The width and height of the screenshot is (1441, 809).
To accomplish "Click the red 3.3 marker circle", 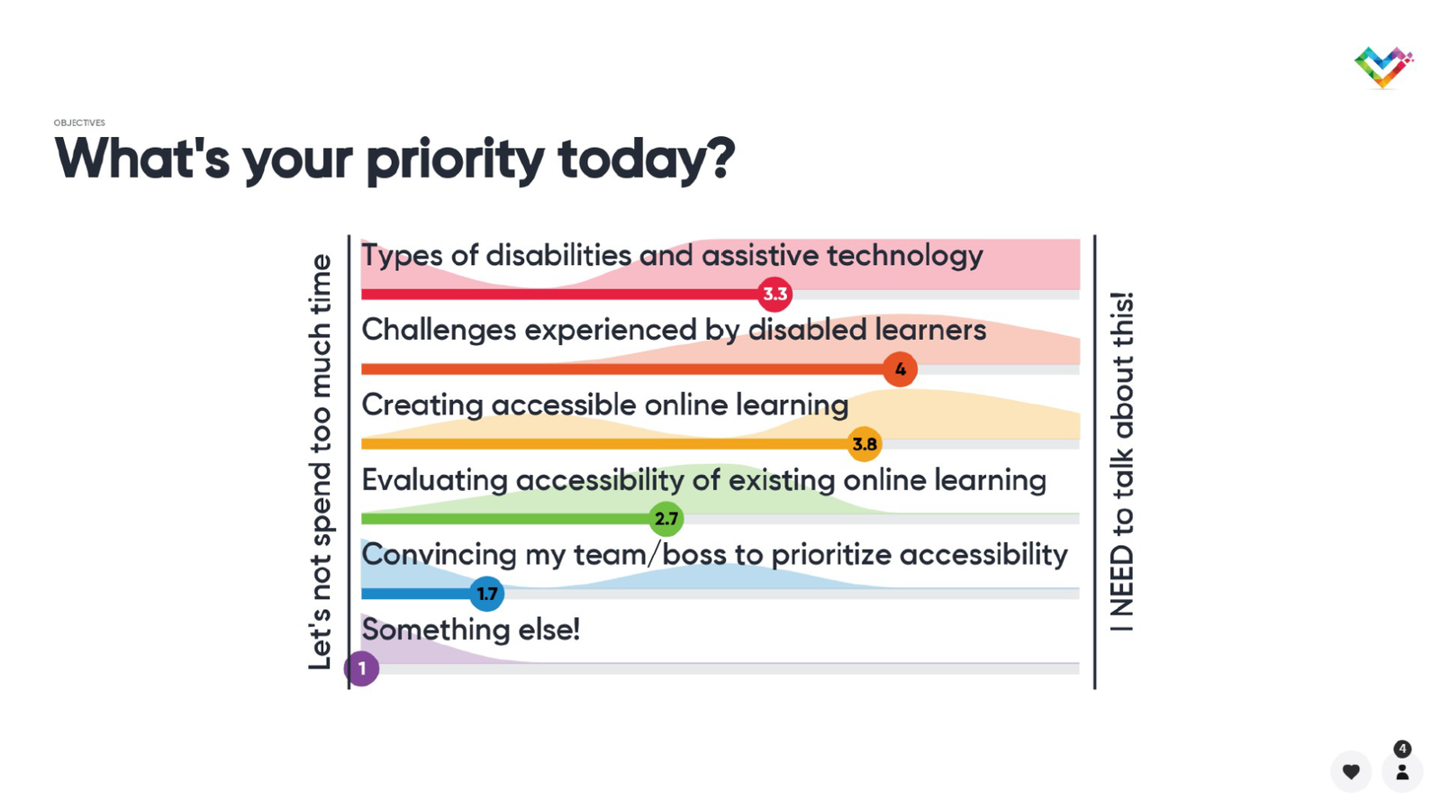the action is pos(775,294).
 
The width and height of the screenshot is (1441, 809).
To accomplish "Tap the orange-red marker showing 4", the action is pos(900,368).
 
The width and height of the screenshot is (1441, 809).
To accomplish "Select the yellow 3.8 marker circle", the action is pos(864,444).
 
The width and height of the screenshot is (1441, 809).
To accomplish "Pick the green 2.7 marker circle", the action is pos(666,519).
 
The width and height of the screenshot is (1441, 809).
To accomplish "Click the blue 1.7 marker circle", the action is pos(487,594).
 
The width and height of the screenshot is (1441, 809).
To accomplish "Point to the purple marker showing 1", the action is pos(361,668).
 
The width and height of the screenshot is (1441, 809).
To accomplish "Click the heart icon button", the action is pos(1351,771).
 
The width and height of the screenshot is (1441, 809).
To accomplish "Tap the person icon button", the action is pos(1402,771).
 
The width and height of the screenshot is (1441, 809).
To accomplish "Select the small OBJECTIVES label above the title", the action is pos(79,123).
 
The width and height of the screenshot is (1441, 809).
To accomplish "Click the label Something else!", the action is pos(471,629).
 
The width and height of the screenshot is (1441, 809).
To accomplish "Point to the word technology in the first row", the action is pos(905,256).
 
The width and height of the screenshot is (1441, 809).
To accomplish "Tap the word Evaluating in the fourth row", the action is pos(434,480).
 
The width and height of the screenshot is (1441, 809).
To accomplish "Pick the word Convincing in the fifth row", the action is pos(439,555).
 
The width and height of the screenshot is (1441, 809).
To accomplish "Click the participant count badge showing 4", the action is pos(1402,749).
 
